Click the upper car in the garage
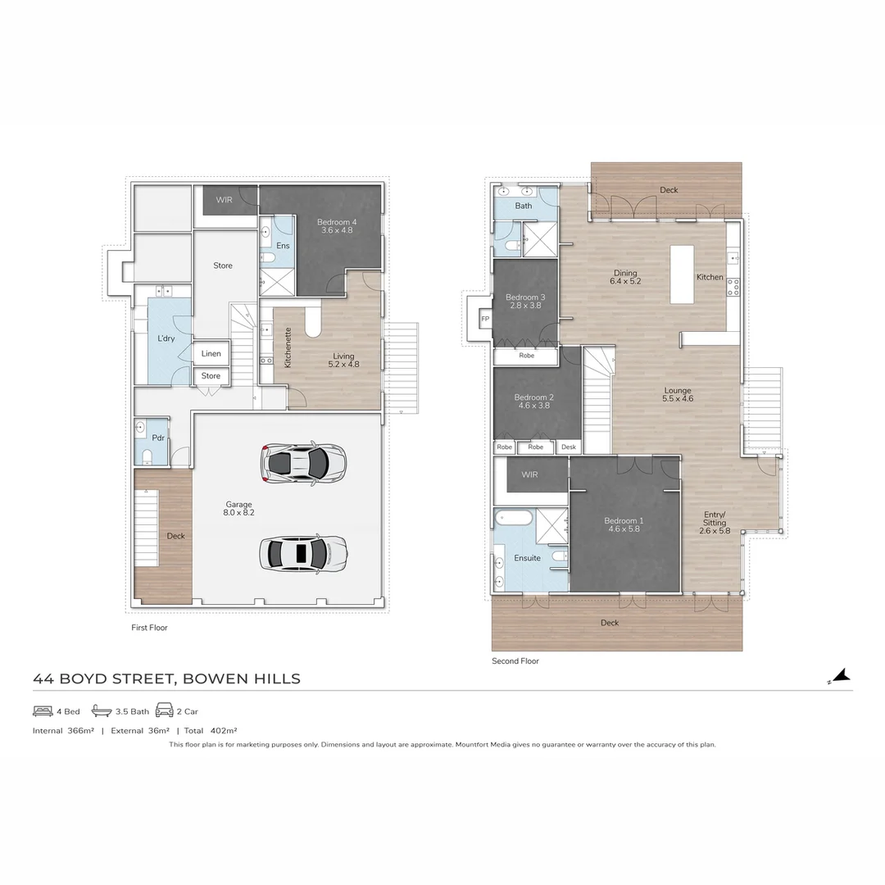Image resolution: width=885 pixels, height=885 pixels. [303, 463]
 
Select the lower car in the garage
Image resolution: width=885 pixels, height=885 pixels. [303, 553]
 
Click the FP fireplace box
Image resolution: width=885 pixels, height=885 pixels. [484, 318]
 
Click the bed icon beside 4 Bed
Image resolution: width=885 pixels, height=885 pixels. [43, 710]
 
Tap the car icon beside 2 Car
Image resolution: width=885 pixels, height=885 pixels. [164, 710]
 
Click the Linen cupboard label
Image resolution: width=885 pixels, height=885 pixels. [211, 354]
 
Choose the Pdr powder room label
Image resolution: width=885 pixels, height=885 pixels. [159, 438]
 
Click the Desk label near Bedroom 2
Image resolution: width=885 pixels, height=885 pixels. [568, 447]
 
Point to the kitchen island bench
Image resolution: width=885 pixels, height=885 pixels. [682, 275]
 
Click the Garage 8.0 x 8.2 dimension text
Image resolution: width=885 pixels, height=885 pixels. [238, 508]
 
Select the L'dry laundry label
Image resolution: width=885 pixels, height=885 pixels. [166, 338]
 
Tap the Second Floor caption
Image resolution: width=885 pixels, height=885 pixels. [515, 660]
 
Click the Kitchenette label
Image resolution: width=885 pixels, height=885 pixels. [288, 348]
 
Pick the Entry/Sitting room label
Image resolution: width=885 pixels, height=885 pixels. [714, 522]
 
